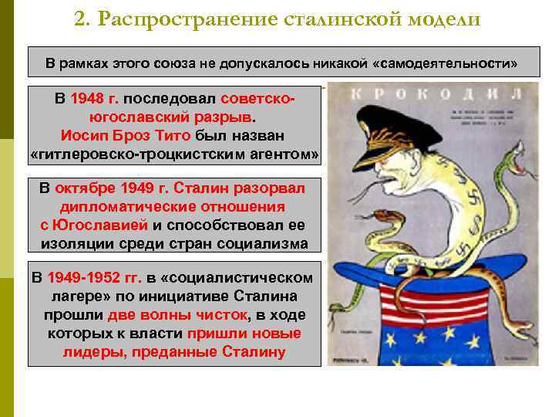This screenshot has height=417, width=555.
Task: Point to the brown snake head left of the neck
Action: (x=379, y=217)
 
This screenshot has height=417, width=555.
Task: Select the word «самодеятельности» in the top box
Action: (x=444, y=60)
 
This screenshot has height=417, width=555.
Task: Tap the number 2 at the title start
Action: (x=79, y=19)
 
